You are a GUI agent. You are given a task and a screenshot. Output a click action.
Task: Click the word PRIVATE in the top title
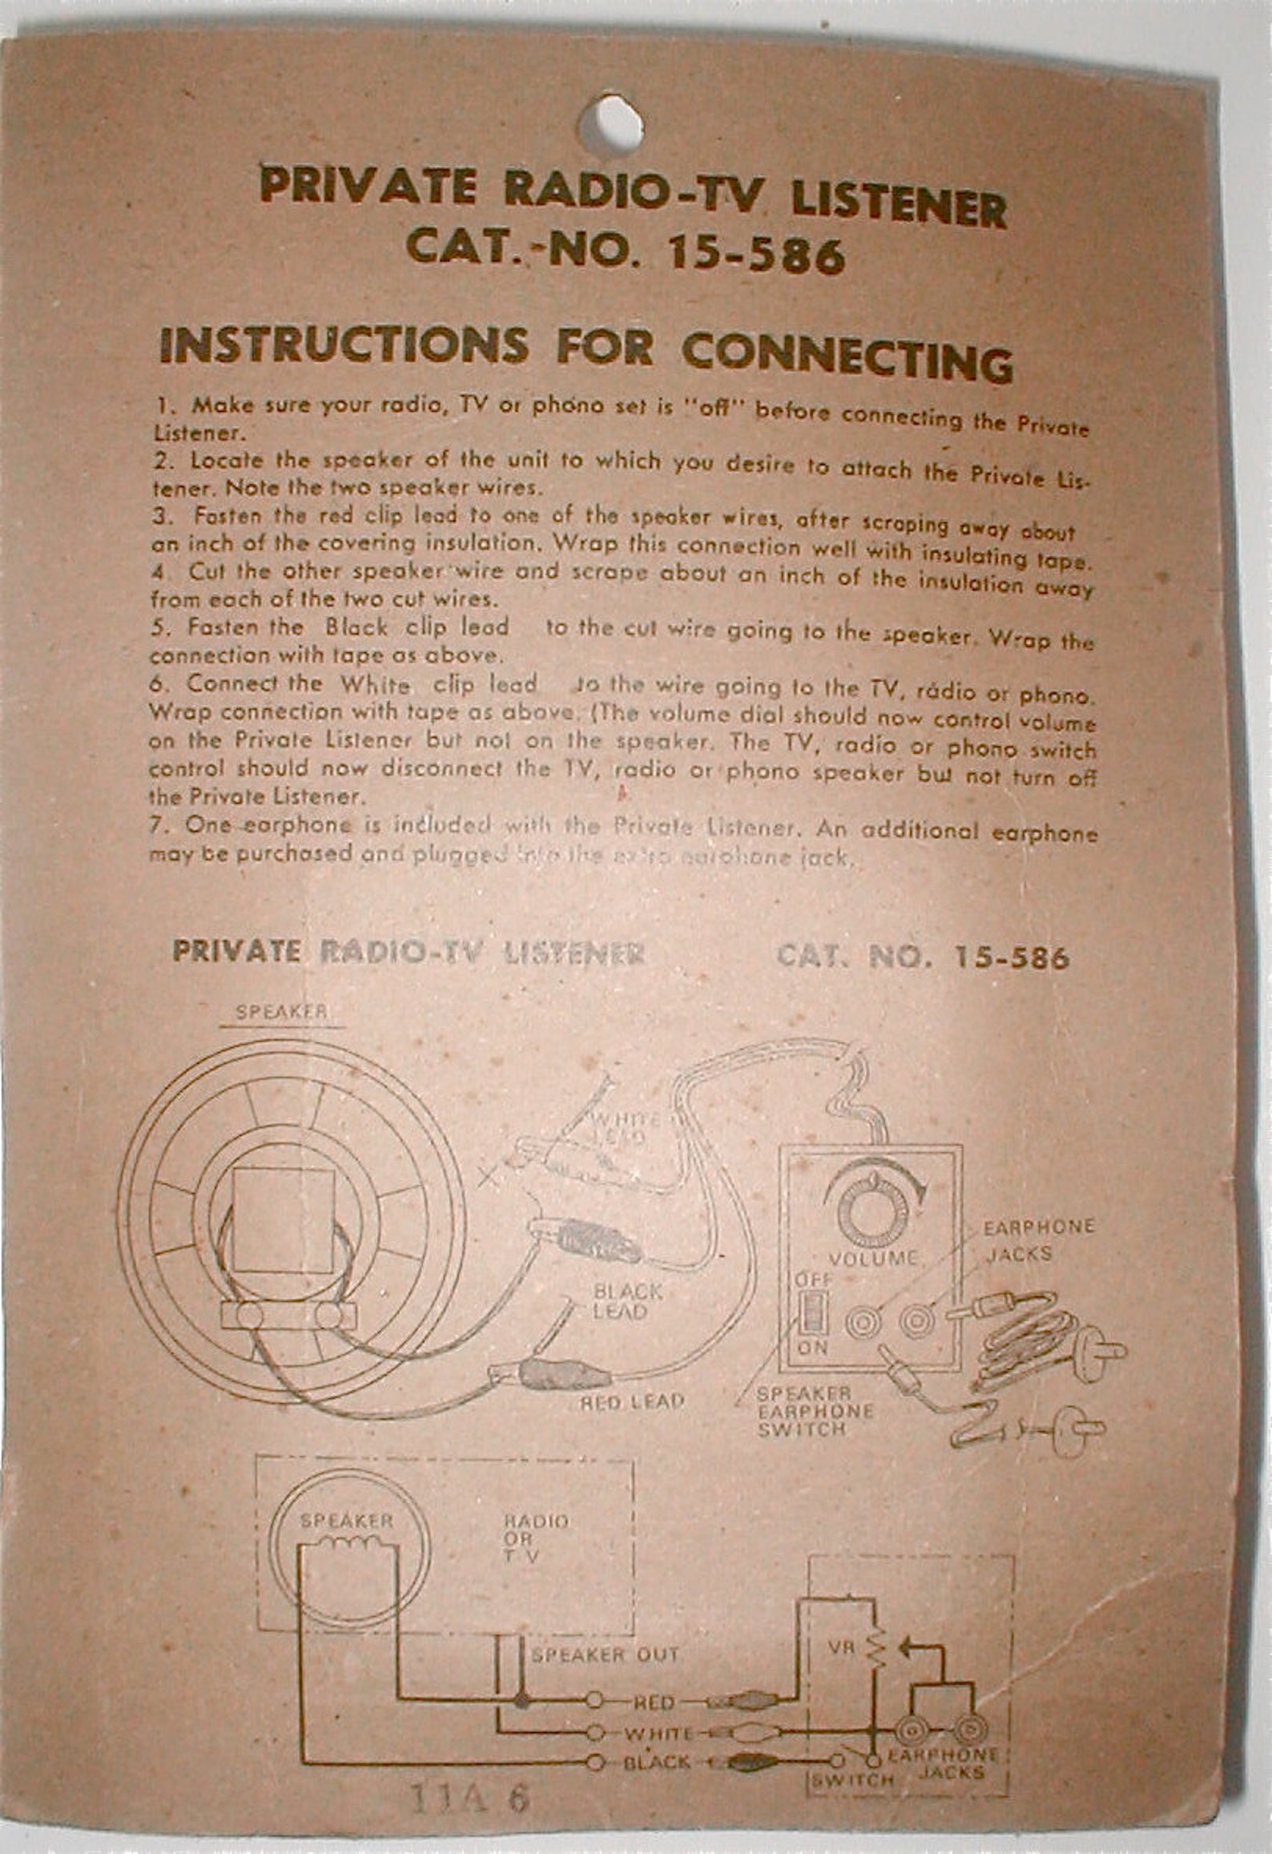(x=367, y=187)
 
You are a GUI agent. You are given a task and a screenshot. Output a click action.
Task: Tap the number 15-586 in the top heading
(x=755, y=256)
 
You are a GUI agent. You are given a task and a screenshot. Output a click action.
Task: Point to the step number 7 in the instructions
(x=157, y=824)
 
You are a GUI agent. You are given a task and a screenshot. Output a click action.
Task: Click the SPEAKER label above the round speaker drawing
(x=282, y=1011)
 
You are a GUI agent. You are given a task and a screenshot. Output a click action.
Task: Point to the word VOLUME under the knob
(x=872, y=1260)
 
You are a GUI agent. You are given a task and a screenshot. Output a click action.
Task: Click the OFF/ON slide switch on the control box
(x=811, y=1312)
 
